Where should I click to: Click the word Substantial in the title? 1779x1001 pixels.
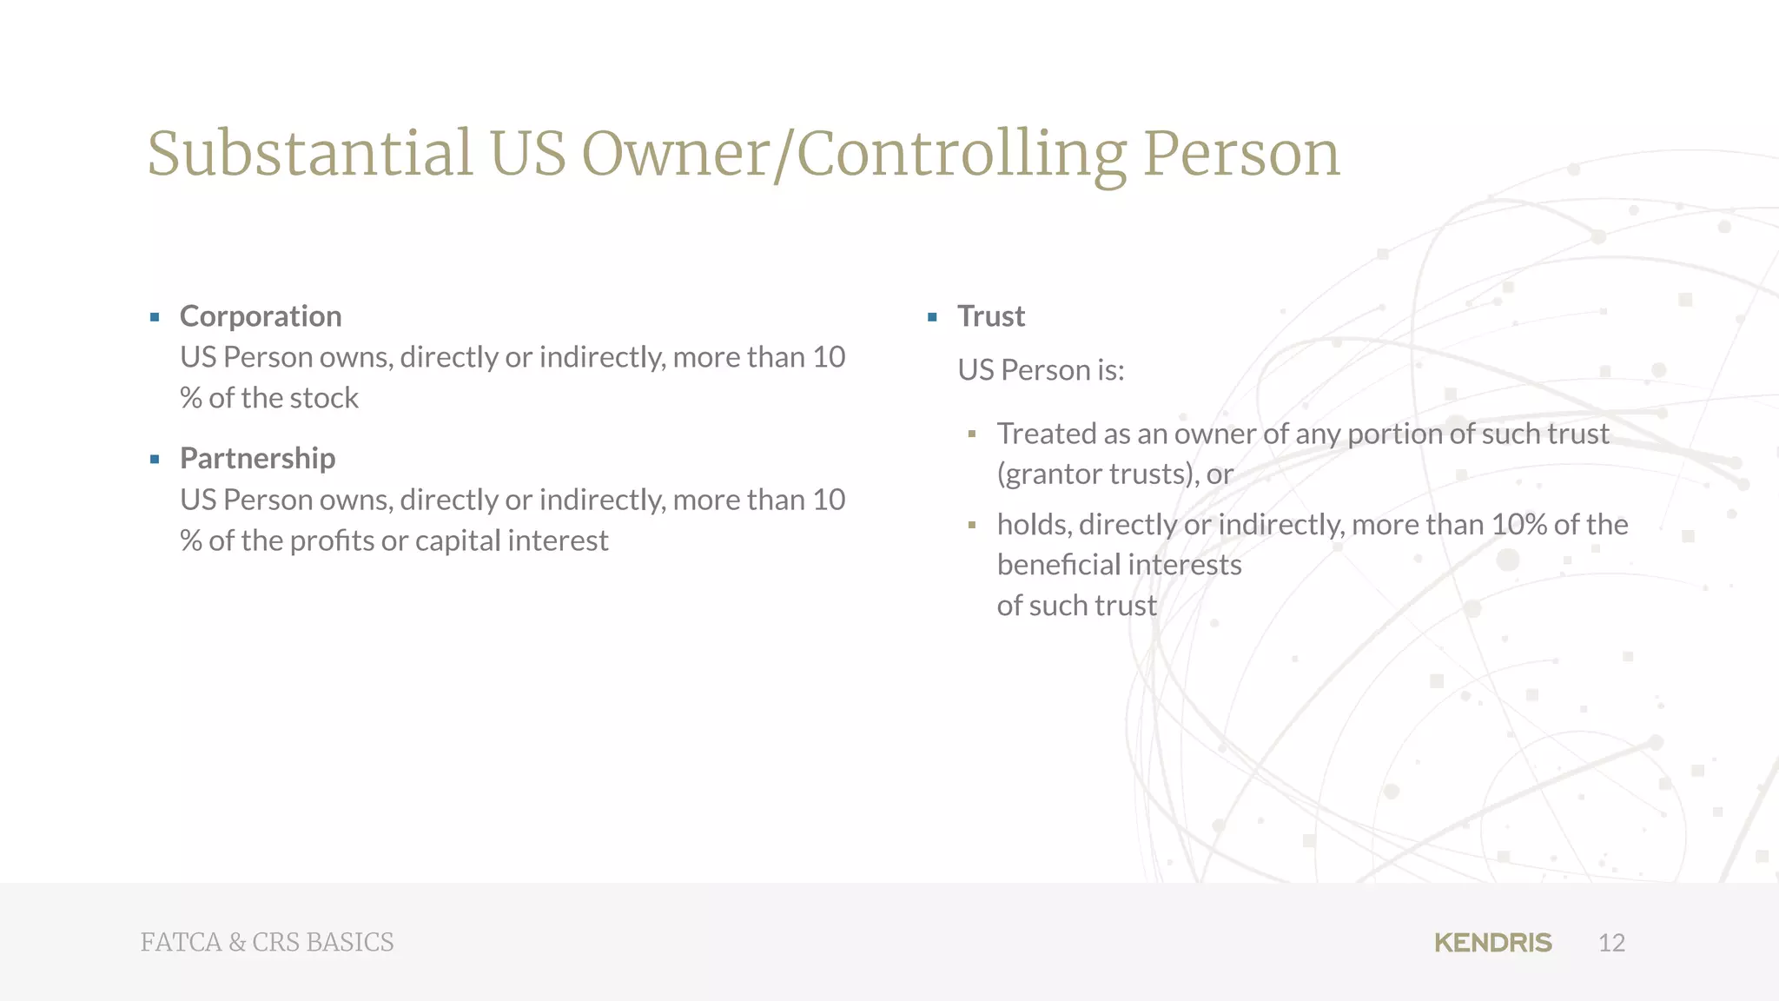coord(310,154)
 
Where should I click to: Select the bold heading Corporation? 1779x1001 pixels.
coord(261,316)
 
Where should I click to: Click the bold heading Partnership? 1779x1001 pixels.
coord(257,458)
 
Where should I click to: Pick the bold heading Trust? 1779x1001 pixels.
coord(991,316)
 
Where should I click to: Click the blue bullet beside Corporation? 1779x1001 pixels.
coord(155,317)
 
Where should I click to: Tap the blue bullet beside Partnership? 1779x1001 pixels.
coord(155,460)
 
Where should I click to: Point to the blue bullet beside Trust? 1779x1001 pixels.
coord(932,317)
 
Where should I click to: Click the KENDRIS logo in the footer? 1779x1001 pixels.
coord(1492,943)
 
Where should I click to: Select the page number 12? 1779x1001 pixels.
coord(1611,943)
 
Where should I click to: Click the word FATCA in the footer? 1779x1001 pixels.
coord(182,943)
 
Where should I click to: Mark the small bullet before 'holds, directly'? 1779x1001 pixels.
coord(972,525)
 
